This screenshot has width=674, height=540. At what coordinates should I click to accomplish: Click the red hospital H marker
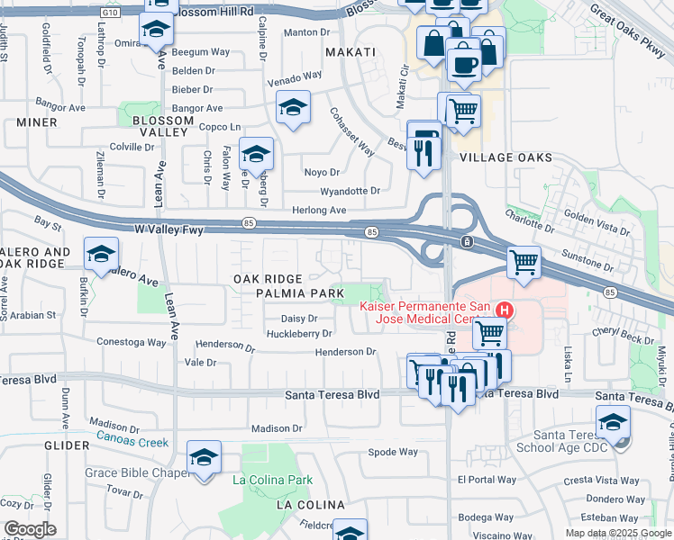[505, 311]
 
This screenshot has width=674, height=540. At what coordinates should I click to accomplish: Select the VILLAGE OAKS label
[505, 157]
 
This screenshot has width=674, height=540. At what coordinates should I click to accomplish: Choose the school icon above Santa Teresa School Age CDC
[613, 421]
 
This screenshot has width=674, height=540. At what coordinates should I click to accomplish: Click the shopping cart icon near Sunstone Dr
[524, 263]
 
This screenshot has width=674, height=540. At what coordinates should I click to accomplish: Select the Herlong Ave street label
[320, 210]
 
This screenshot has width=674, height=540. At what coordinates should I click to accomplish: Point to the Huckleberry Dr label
[300, 334]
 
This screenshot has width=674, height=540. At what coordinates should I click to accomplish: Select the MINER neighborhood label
[36, 122]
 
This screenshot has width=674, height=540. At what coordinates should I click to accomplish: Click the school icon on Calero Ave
[101, 253]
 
